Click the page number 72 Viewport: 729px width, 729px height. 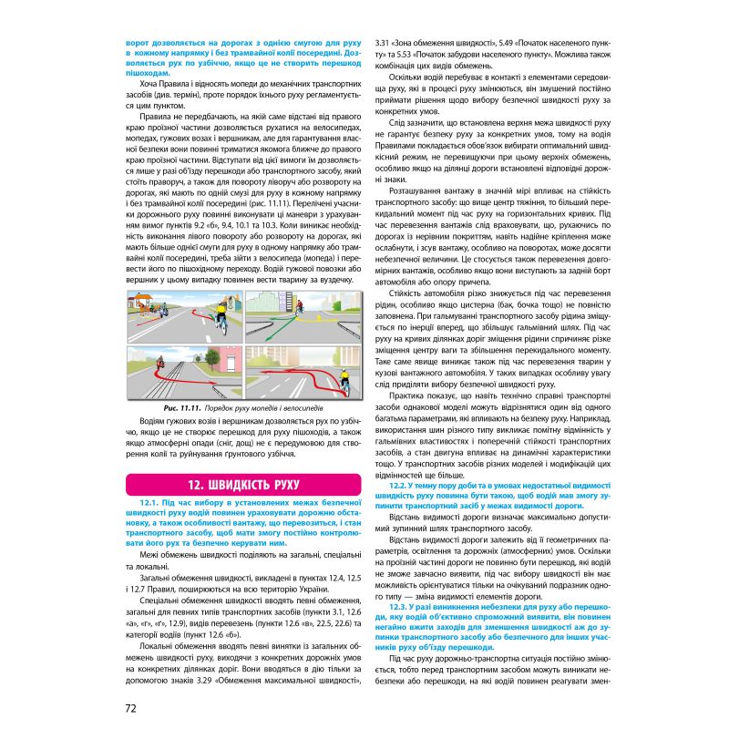[x=130, y=708]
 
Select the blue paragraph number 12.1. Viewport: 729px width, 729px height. [x=150, y=502]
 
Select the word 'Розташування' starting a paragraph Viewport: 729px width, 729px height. [x=416, y=191]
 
